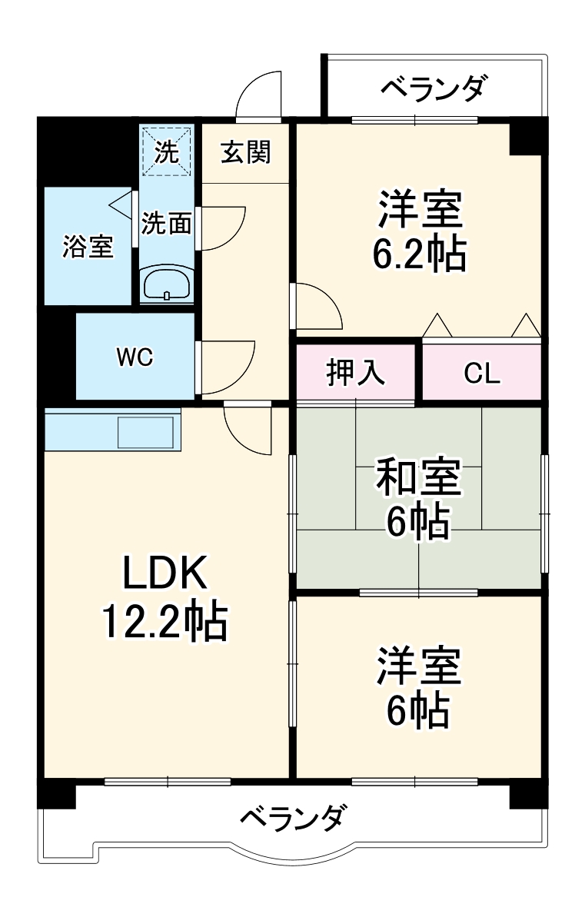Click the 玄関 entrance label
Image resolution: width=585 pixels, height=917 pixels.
[x=246, y=152]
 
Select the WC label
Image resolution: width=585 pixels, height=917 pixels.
[x=135, y=357]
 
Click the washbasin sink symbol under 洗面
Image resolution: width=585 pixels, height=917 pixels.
[x=168, y=284]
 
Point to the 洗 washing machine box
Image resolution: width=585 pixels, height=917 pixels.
[x=166, y=151]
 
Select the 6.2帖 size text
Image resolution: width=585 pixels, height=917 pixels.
[x=419, y=254]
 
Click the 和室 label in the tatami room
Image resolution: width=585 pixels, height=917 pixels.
[x=418, y=478]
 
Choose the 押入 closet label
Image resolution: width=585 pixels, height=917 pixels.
[x=355, y=373]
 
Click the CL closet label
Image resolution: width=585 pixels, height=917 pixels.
[x=482, y=374]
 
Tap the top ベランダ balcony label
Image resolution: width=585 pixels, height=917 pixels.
[x=434, y=89]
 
